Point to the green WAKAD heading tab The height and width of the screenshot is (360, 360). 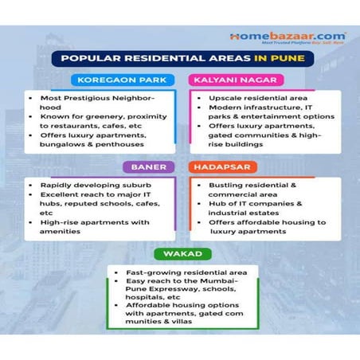pos(180,254)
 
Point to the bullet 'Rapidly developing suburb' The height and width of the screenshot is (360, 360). pos(88,184)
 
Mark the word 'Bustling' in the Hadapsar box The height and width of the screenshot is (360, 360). pos(226,185)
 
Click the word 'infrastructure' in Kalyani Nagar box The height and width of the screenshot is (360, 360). pos(258,106)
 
